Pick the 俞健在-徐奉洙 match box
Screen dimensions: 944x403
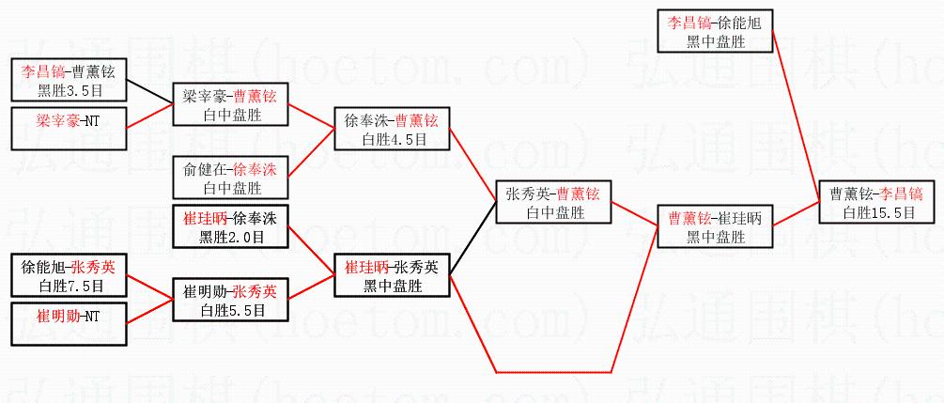click(230, 178)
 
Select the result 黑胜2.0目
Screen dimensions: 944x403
click(231, 237)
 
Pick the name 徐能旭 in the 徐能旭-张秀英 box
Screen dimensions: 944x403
click(41, 267)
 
